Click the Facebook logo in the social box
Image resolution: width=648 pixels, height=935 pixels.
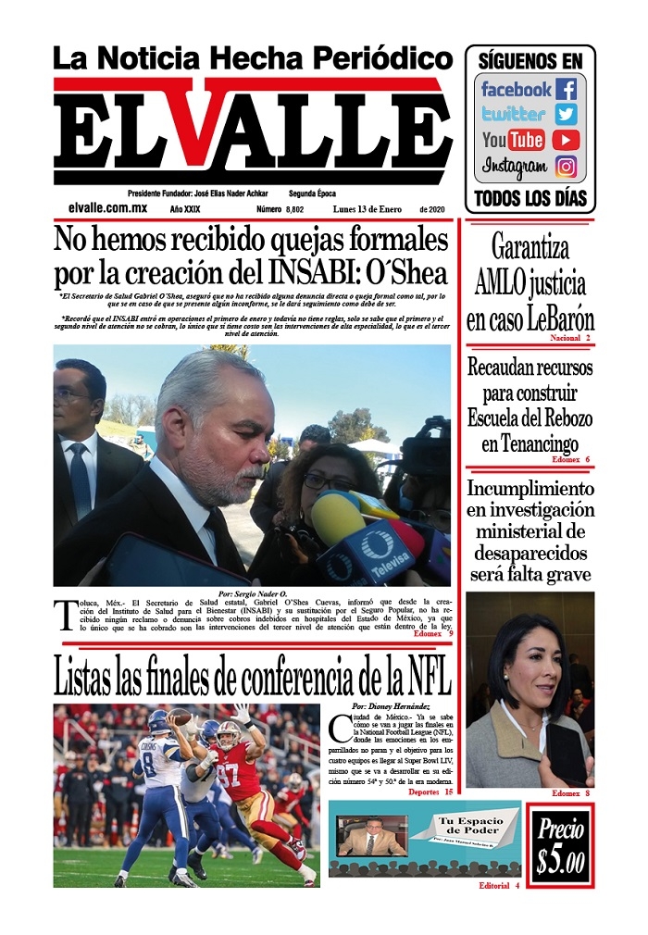[566, 90]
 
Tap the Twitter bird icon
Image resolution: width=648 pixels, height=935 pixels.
[567, 115]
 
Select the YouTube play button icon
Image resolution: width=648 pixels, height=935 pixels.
[566, 141]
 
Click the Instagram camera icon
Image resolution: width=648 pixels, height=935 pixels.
[567, 168]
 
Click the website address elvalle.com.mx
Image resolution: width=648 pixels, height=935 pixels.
[106, 210]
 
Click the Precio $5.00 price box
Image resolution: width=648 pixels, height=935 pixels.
[560, 846]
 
